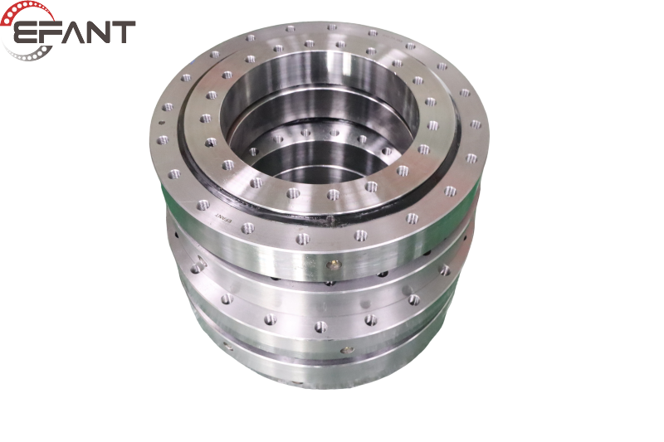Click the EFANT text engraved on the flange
pyautogui.click(x=223, y=216)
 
